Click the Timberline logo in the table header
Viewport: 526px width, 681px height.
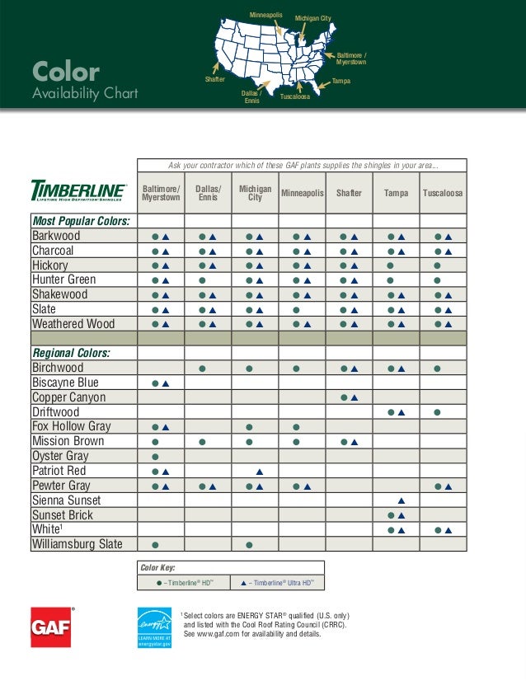pyautogui.click(x=78, y=191)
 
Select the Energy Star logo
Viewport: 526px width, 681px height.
pyautogui.click(x=155, y=627)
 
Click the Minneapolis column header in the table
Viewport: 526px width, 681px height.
pyautogui.click(x=303, y=193)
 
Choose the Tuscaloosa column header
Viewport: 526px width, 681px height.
pyautogui.click(x=443, y=193)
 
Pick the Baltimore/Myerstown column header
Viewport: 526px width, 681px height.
pyautogui.click(x=161, y=193)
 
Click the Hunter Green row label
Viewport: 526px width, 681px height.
pyautogui.click(x=63, y=279)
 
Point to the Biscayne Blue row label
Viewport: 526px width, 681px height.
pyautogui.click(x=65, y=383)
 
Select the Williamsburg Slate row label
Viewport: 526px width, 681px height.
pyautogui.click(x=77, y=544)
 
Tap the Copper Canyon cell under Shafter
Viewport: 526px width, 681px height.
pyautogui.click(x=349, y=397)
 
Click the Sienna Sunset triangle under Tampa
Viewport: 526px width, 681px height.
pyautogui.click(x=402, y=500)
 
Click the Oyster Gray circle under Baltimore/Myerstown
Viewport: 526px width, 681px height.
pyautogui.click(x=155, y=457)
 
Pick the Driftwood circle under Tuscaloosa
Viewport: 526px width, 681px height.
pyautogui.click(x=437, y=412)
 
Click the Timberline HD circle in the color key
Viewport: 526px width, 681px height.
pyautogui.click(x=158, y=583)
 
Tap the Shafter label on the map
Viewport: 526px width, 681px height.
pyautogui.click(x=214, y=79)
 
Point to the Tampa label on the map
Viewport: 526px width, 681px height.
pyautogui.click(x=341, y=82)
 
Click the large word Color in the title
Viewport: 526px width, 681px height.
pyautogui.click(x=65, y=73)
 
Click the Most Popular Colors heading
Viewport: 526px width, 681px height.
pyautogui.click(x=80, y=221)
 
